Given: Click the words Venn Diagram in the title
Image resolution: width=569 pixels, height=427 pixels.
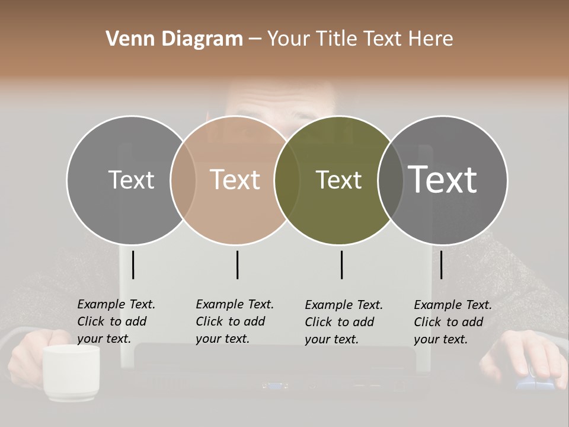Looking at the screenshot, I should pyautogui.click(x=174, y=39).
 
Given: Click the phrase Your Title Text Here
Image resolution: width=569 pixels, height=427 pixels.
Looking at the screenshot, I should pyautogui.click(x=360, y=39).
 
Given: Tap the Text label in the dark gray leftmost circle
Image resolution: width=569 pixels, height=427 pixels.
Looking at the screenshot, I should pyautogui.click(x=131, y=180).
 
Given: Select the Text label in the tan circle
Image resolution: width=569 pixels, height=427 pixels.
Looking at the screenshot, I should pyautogui.click(x=235, y=180).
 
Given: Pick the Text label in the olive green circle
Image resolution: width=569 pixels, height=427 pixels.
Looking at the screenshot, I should pyautogui.click(x=338, y=180).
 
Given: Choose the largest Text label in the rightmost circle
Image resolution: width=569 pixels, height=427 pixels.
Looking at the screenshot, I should pyautogui.click(x=443, y=179).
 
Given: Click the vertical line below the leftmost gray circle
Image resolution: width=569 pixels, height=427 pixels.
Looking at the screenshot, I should pyautogui.click(x=133, y=265).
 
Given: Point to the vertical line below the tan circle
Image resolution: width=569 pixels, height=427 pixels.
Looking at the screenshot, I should pyautogui.click(x=237, y=265).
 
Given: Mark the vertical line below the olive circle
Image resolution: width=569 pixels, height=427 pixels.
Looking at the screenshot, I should pyautogui.click(x=342, y=265).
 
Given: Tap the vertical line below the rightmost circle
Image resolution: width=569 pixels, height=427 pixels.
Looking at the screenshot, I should pyautogui.click(x=442, y=265).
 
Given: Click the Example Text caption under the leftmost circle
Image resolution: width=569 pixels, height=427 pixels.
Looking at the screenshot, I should pyautogui.click(x=116, y=321).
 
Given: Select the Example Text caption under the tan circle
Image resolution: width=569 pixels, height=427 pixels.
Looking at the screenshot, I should pyautogui.click(x=234, y=321).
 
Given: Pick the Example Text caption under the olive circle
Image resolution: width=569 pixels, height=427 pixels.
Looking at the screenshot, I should pyautogui.click(x=343, y=322).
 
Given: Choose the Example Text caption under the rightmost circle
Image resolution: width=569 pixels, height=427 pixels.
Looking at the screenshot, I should pyautogui.click(x=452, y=322).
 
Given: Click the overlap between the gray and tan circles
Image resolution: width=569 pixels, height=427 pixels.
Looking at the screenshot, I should pyautogui.click(x=183, y=180).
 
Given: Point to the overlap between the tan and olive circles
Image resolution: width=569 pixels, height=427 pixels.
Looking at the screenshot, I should pyautogui.click(x=287, y=180).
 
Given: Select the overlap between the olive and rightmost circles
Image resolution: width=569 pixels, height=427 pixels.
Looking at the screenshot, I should pyautogui.click(x=389, y=180).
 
